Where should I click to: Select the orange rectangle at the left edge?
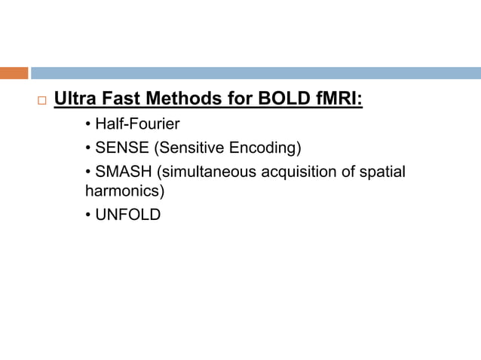(x=14, y=73)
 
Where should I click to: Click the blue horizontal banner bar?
(x=255, y=73)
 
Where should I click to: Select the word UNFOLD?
(x=128, y=215)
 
